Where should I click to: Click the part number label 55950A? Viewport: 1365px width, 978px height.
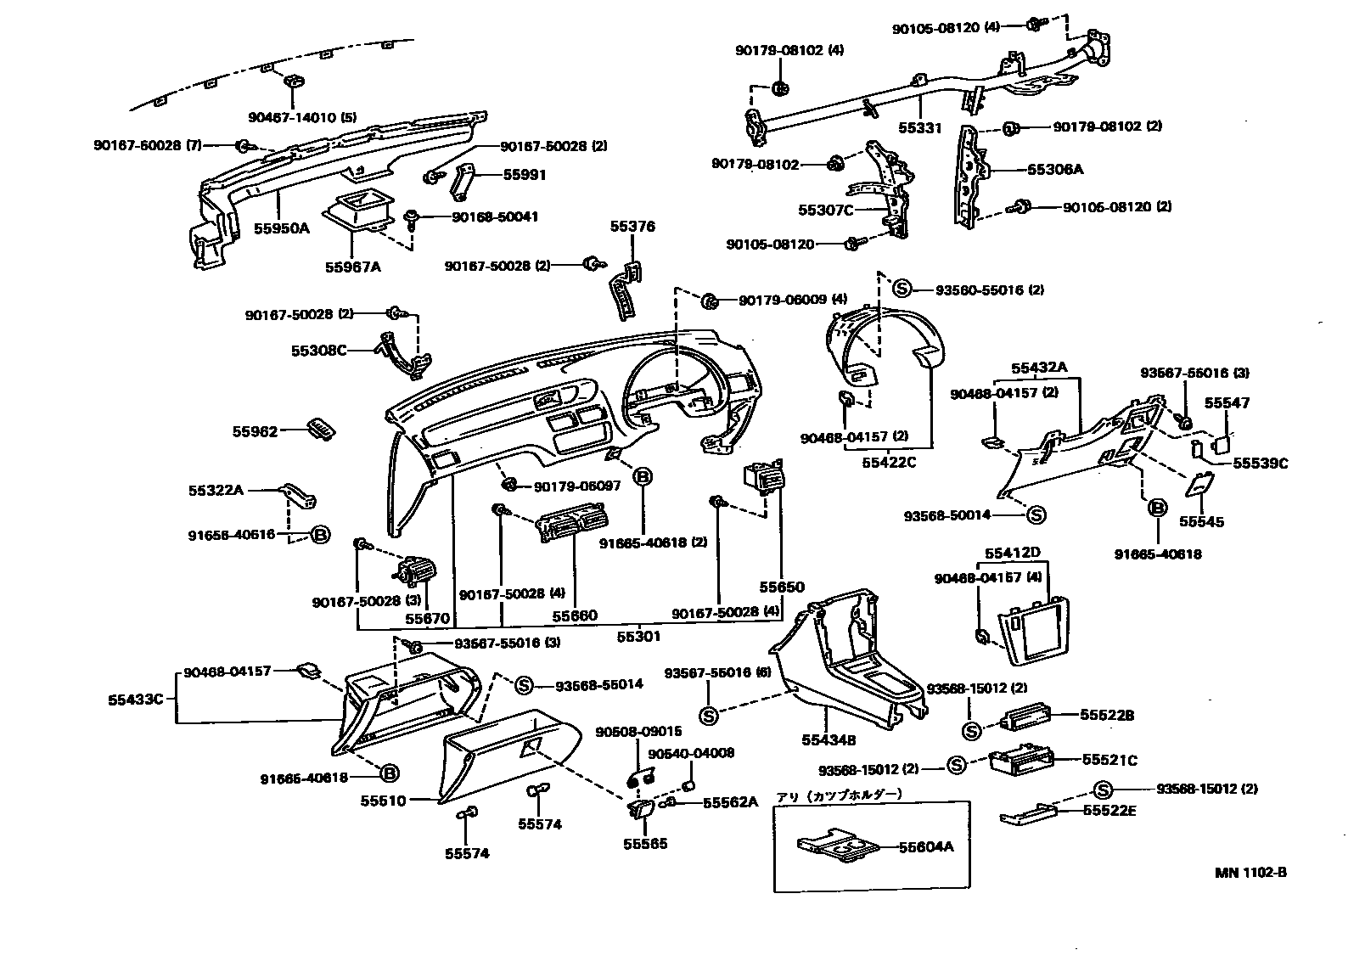(282, 228)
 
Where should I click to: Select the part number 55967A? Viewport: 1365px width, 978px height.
(352, 267)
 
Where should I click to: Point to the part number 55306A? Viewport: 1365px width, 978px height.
(1055, 169)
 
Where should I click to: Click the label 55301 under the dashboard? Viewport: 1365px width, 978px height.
(638, 636)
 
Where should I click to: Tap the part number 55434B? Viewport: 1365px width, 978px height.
(828, 740)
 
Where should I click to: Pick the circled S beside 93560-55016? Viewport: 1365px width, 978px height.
(902, 289)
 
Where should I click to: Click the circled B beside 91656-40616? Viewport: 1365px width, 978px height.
(320, 535)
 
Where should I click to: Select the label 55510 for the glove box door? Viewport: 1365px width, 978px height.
(383, 801)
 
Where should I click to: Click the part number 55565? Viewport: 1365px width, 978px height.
(645, 844)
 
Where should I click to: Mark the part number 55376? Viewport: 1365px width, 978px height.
(632, 227)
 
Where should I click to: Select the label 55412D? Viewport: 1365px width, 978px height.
(1012, 553)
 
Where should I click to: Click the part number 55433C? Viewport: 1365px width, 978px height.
(135, 700)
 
